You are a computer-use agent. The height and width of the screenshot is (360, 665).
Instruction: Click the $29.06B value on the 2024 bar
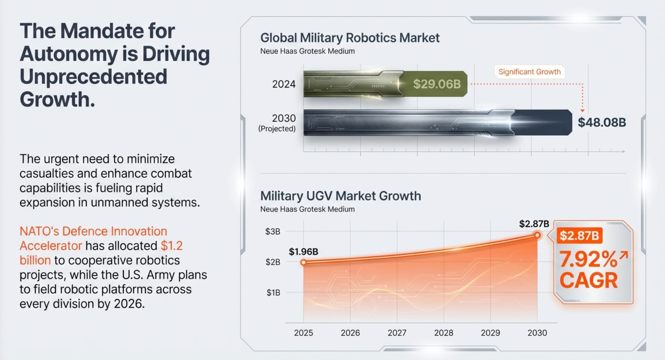[437, 84]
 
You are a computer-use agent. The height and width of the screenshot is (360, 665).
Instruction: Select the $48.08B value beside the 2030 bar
[602, 122]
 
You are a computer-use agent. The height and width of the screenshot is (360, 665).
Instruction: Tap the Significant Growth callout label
[529, 72]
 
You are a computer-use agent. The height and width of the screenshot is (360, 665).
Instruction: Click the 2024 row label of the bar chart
[284, 84]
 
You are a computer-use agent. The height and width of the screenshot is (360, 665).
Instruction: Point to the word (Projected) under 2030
[277, 129]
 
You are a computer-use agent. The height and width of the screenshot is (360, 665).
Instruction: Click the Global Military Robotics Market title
[350, 38]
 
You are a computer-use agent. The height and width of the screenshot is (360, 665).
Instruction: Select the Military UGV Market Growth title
[340, 196]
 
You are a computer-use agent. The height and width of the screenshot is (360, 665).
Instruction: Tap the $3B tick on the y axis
[273, 231]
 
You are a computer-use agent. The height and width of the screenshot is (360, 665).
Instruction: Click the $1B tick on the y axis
[273, 293]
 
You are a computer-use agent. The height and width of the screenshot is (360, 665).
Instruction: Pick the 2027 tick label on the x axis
[397, 333]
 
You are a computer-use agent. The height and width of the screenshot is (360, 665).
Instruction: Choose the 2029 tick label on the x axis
[490, 333]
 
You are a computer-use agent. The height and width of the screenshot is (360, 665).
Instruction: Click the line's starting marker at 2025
[304, 263]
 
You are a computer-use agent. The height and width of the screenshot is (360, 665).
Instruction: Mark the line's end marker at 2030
[537, 235]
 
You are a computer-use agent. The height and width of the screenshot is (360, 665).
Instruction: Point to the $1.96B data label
[303, 252]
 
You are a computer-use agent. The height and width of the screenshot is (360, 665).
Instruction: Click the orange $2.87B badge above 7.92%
[579, 236]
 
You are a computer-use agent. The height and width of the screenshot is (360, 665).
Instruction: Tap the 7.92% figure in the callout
[588, 259]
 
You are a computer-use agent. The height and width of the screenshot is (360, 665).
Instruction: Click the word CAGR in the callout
[588, 281]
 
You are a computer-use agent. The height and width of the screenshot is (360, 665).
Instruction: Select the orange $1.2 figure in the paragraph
[172, 246]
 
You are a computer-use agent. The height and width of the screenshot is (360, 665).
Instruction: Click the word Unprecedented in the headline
[93, 76]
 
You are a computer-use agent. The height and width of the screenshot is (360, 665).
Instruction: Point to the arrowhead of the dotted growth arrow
[582, 110]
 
